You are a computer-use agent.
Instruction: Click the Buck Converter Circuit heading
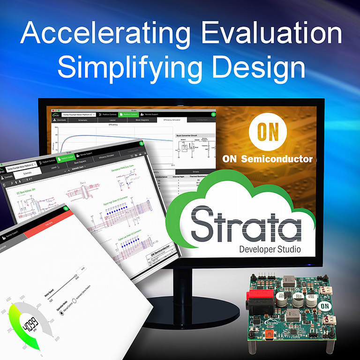pyautogui.click(x=187, y=135)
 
